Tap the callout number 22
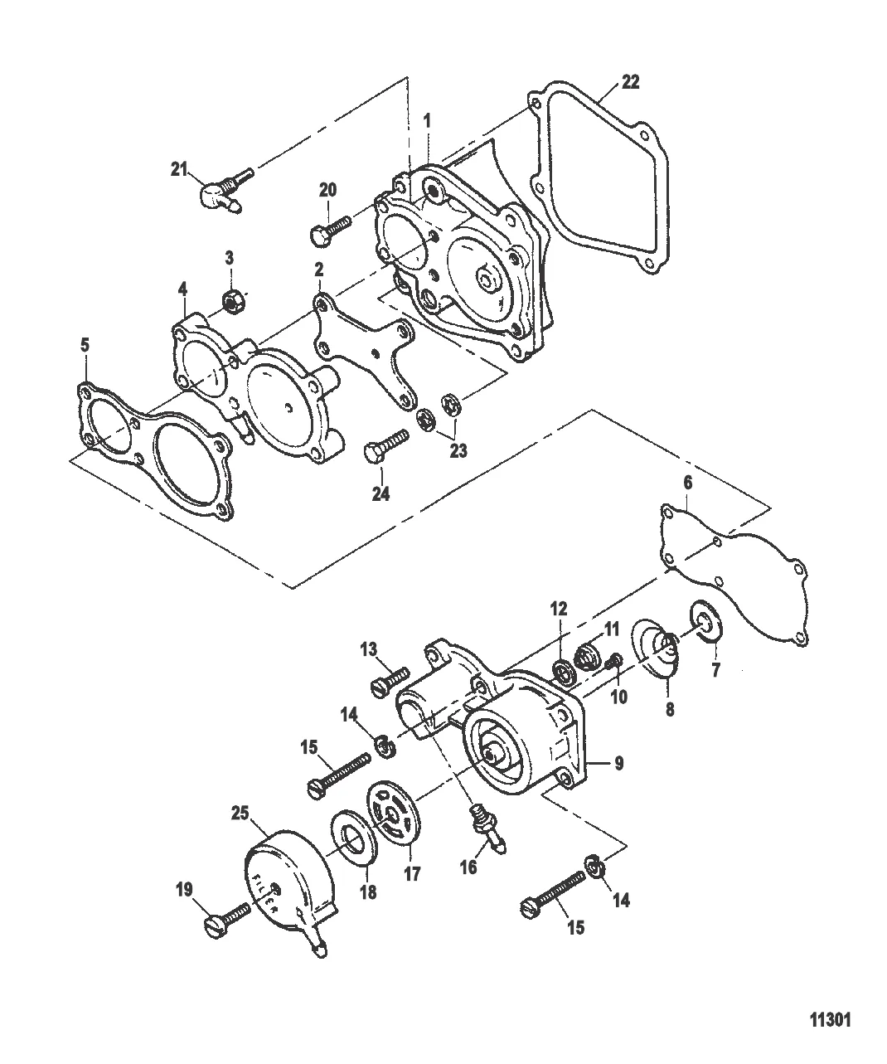tap(630, 82)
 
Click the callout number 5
tap(85, 345)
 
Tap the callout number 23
tap(458, 451)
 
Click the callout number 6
tap(688, 483)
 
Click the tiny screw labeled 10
tap(615, 662)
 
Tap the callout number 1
tap(427, 121)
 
